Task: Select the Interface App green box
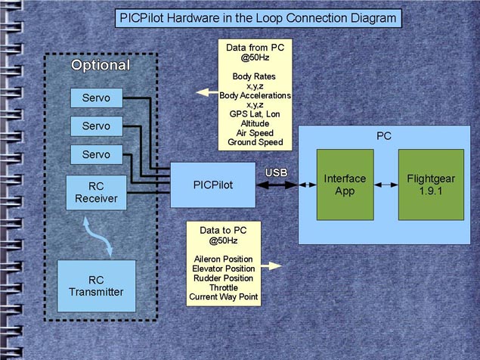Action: click(x=344, y=185)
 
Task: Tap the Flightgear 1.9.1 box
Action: click(x=431, y=185)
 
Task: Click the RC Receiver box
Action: click(x=96, y=192)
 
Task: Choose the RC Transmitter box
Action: click(x=96, y=286)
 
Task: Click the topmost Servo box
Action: click(x=96, y=98)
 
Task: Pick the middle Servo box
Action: click(x=96, y=126)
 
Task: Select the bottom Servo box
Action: click(x=96, y=154)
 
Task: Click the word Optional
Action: click(x=101, y=66)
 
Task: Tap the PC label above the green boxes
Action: click(x=384, y=136)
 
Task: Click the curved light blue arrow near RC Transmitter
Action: click(x=99, y=236)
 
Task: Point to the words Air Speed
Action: click(x=254, y=132)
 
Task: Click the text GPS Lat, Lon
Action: click(x=254, y=113)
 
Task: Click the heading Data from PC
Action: click(x=254, y=48)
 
